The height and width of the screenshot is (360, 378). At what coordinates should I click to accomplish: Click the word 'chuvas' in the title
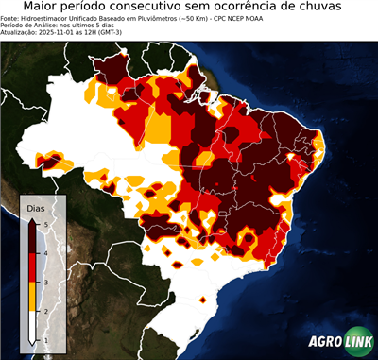pyautogui.click(x=341, y=8)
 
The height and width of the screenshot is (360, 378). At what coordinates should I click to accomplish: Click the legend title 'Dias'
pyautogui.click(x=36, y=206)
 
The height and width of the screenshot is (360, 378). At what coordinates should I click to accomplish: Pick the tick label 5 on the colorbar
pyautogui.click(x=44, y=224)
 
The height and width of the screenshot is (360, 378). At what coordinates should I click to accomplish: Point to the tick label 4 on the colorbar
pyautogui.click(x=44, y=253)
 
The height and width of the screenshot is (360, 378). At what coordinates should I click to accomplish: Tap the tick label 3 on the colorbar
pyautogui.click(x=44, y=282)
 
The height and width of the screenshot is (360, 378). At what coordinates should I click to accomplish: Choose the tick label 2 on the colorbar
pyautogui.click(x=44, y=310)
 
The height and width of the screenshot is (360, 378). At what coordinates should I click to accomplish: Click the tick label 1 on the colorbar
pyautogui.click(x=44, y=339)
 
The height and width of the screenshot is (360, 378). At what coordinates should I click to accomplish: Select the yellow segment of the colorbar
pyautogui.click(x=32, y=296)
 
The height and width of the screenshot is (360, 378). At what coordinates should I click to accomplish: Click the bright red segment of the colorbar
pyautogui.click(x=32, y=267)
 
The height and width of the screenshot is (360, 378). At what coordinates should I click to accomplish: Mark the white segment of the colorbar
pyautogui.click(x=32, y=324)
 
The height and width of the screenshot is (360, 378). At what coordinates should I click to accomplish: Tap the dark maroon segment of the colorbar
pyautogui.click(x=32, y=238)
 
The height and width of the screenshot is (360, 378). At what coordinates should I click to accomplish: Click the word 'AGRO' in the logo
pyautogui.click(x=325, y=343)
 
